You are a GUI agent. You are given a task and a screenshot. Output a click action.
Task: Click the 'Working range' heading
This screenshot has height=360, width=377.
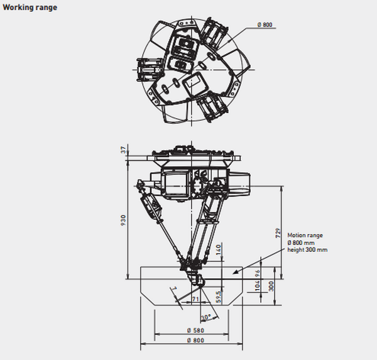pyautogui.click(x=30, y=8)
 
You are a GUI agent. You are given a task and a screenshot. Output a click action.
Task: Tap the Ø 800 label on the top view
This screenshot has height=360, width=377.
pyautogui.click(x=265, y=25)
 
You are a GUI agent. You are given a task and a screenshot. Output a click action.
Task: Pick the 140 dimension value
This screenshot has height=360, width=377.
pyautogui.click(x=218, y=250)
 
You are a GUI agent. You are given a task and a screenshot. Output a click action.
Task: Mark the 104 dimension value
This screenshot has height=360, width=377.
pyautogui.click(x=257, y=286)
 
